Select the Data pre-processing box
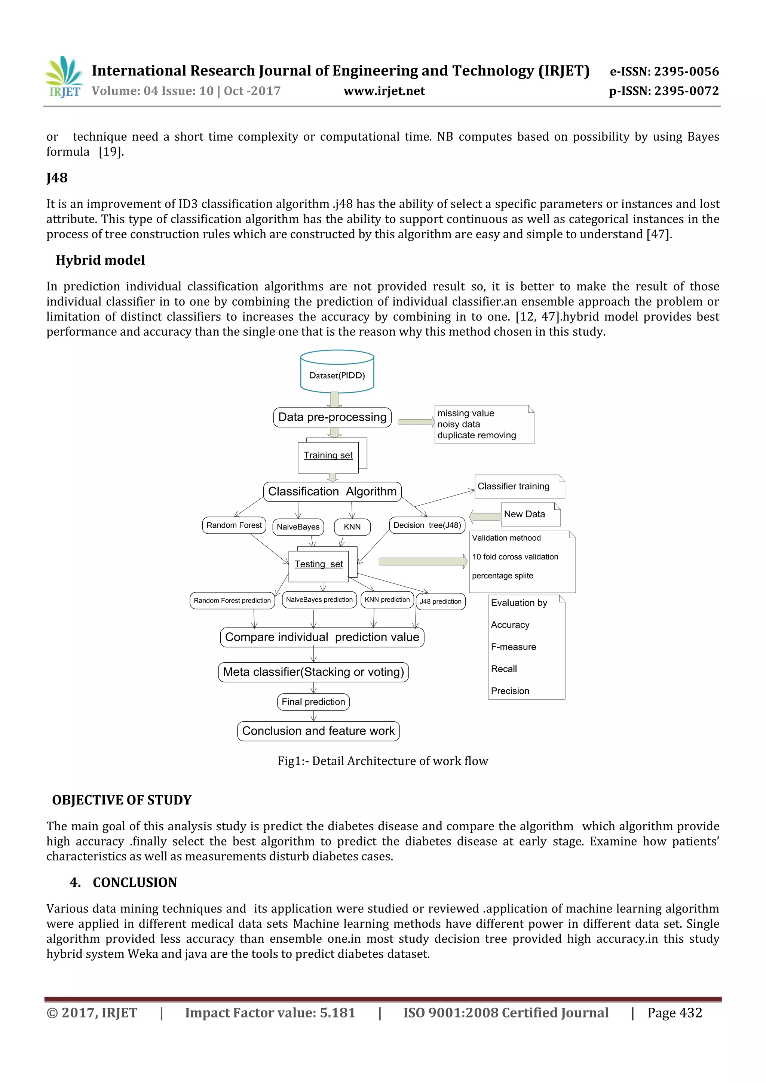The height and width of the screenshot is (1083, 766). coord(332,417)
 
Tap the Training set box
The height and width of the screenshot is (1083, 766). coord(328,455)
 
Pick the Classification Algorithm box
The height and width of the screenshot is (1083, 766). coord(332,491)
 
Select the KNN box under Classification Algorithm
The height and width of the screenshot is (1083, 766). coord(352,527)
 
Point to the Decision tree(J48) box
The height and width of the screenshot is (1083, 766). coord(428,525)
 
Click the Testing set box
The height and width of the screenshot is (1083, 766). coord(319,565)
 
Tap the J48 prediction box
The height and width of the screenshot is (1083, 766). coord(441,601)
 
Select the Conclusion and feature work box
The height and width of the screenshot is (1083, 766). coord(318,731)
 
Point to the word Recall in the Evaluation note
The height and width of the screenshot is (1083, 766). coord(504,669)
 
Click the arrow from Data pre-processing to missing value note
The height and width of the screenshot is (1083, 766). coord(416,422)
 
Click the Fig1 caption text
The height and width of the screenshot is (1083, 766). coord(383,761)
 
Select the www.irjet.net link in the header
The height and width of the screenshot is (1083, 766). coord(384,91)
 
